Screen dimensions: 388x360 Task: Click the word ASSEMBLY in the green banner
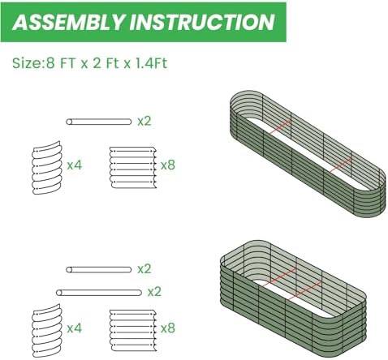click(68, 22)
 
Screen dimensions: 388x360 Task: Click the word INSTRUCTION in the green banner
click(202, 22)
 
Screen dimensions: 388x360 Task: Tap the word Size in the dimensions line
click(26, 63)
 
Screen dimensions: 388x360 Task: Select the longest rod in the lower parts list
click(99, 293)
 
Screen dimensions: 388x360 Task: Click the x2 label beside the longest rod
click(154, 292)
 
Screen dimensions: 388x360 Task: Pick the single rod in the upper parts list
click(99, 122)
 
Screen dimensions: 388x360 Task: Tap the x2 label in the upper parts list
click(144, 121)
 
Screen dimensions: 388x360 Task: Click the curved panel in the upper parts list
click(47, 168)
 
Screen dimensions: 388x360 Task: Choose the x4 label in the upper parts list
click(74, 165)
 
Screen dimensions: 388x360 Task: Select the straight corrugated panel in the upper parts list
click(133, 167)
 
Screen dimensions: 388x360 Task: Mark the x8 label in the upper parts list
click(168, 165)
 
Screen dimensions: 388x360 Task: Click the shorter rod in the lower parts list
click(99, 269)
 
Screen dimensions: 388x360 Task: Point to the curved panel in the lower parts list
click(46, 331)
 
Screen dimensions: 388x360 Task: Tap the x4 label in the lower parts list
click(74, 328)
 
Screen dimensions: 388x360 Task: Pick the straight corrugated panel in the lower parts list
click(133, 331)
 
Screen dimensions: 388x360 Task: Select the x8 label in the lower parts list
click(168, 328)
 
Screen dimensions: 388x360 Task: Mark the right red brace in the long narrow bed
click(339, 165)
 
